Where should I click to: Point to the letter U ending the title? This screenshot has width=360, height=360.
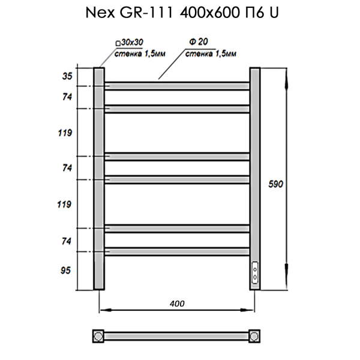[274, 13]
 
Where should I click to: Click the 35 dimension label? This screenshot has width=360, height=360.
[67, 76]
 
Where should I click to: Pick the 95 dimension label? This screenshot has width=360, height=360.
[67, 271]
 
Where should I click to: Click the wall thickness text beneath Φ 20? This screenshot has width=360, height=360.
[210, 54]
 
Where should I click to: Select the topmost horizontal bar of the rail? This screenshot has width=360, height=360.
[177, 86]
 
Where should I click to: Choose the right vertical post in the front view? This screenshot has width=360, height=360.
[255, 168]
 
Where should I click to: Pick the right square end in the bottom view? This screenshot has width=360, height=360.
[255, 334]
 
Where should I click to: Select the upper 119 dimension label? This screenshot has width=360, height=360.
[67, 133]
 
